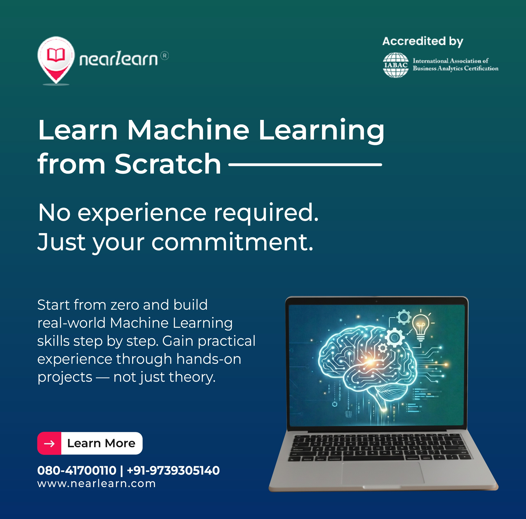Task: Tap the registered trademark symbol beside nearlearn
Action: point(164,56)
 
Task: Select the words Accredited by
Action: point(422,41)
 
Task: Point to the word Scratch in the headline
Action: point(168,164)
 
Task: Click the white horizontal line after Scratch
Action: point(305,165)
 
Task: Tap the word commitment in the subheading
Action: point(232,242)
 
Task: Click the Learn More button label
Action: point(101,443)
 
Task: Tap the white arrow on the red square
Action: point(49,444)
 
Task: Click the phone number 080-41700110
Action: point(77,470)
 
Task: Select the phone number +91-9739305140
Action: point(173,470)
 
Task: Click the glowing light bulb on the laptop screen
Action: point(421,326)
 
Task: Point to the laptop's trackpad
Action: point(383,473)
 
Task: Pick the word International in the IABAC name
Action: point(430,61)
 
